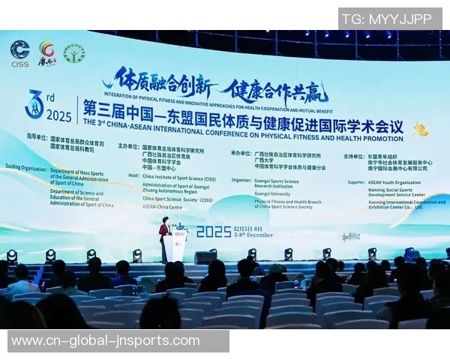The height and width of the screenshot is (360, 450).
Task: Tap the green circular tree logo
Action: point(73,52)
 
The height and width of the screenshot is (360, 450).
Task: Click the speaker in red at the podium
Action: point(165,239)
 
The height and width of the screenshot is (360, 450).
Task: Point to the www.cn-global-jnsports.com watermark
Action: point(117,341)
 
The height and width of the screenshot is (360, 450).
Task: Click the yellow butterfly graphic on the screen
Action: point(421,129)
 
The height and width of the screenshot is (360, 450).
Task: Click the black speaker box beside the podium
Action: point(205,257)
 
